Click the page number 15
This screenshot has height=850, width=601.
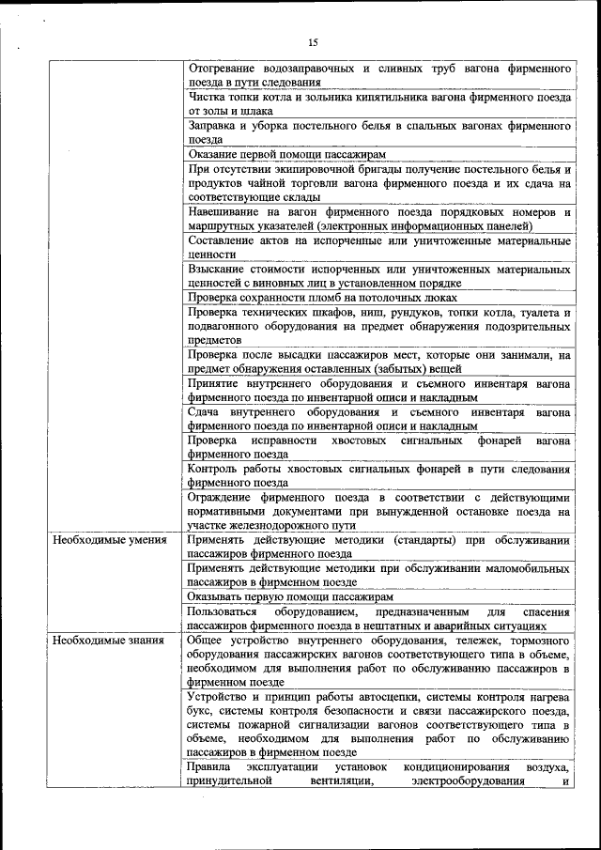313,41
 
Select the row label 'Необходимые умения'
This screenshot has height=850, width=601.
110,540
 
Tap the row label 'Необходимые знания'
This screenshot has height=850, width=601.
108,641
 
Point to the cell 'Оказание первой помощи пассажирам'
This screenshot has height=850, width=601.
287,153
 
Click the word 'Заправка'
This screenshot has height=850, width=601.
214,124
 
